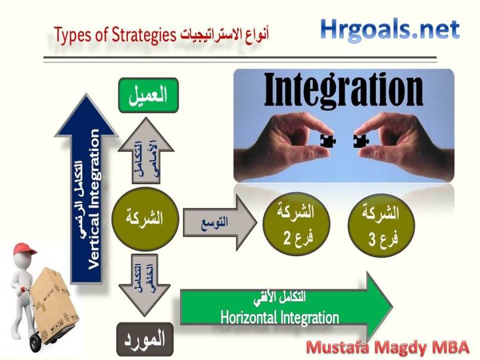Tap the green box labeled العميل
point(149,95)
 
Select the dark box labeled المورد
point(145,339)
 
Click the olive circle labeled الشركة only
point(145,219)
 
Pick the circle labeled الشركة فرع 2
point(296,224)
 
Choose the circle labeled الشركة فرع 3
point(381,225)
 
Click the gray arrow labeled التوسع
point(220,222)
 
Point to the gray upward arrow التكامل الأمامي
point(146,151)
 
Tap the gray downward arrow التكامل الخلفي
point(145,285)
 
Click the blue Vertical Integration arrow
point(86,189)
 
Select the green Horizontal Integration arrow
point(286,307)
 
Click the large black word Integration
point(343,90)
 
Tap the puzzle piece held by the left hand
point(327,141)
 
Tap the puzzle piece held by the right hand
point(361,141)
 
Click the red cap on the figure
point(24,249)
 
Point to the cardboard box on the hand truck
point(54,303)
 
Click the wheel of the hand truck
point(35,342)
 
